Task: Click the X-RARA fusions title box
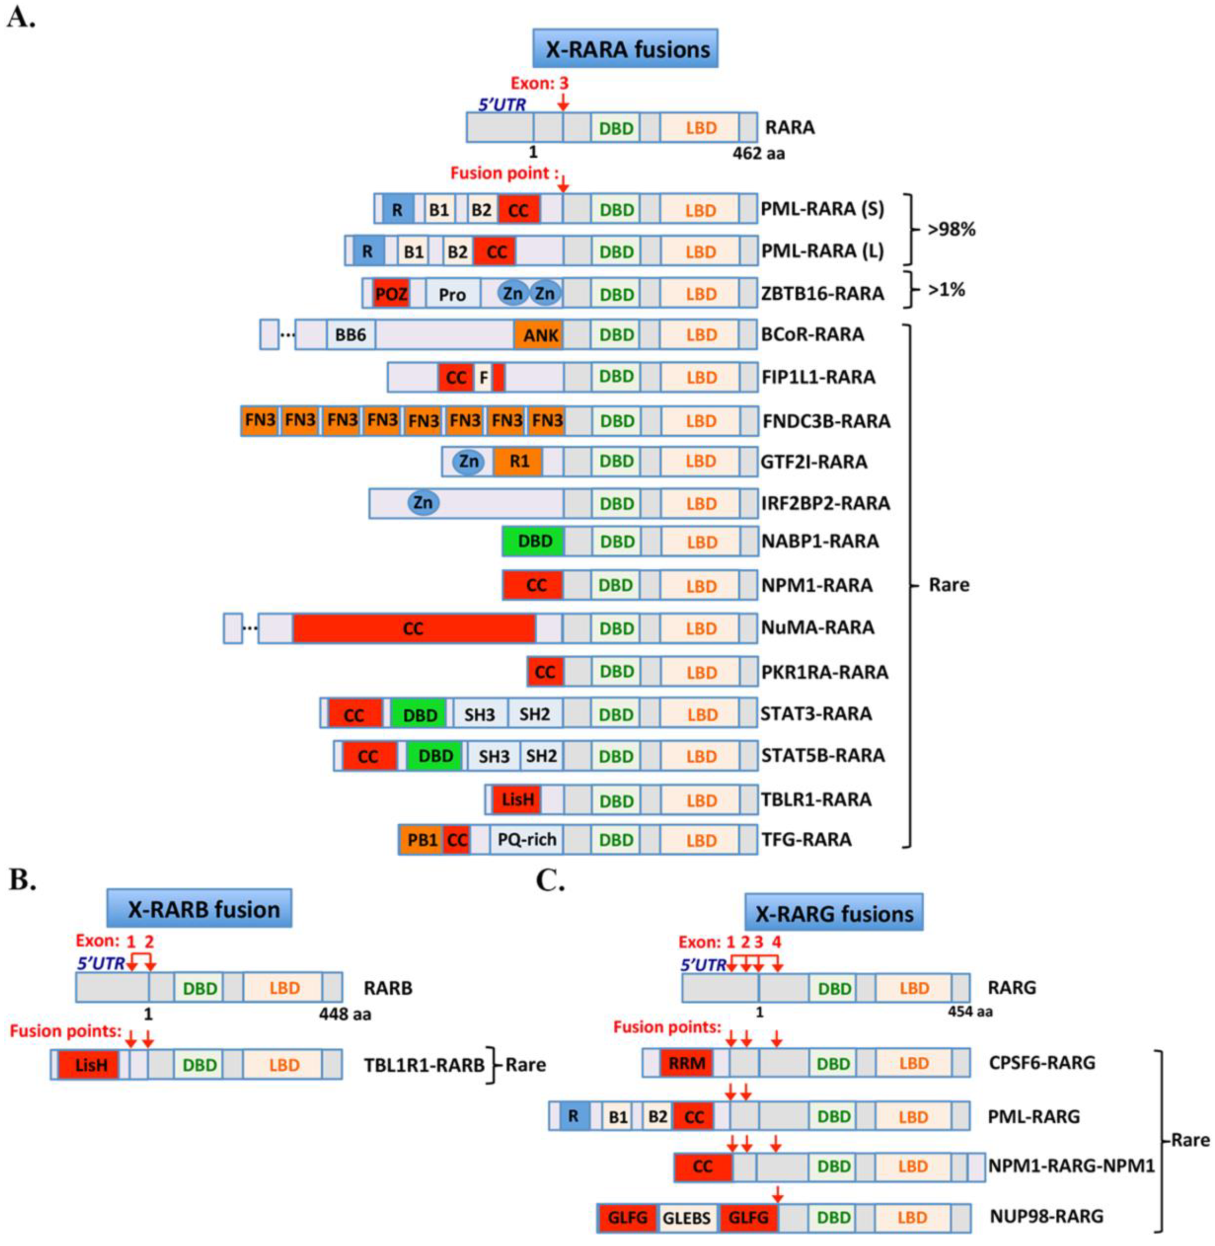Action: pos(626,48)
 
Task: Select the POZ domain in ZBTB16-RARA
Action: pos(391,294)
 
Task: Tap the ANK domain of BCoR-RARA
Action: pos(539,335)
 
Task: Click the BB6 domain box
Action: pos(350,335)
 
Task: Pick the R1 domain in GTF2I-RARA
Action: pos(518,461)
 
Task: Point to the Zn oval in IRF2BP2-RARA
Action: pos(423,503)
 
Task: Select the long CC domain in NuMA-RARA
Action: pos(413,628)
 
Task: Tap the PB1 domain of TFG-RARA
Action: pos(421,840)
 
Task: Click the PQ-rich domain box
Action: pos(526,840)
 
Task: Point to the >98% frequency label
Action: pos(952,230)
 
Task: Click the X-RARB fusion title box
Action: pos(199,908)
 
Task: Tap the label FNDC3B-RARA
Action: pos(827,421)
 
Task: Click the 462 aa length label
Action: pos(759,154)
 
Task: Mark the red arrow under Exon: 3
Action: pos(562,101)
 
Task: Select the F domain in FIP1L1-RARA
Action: pos(483,378)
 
